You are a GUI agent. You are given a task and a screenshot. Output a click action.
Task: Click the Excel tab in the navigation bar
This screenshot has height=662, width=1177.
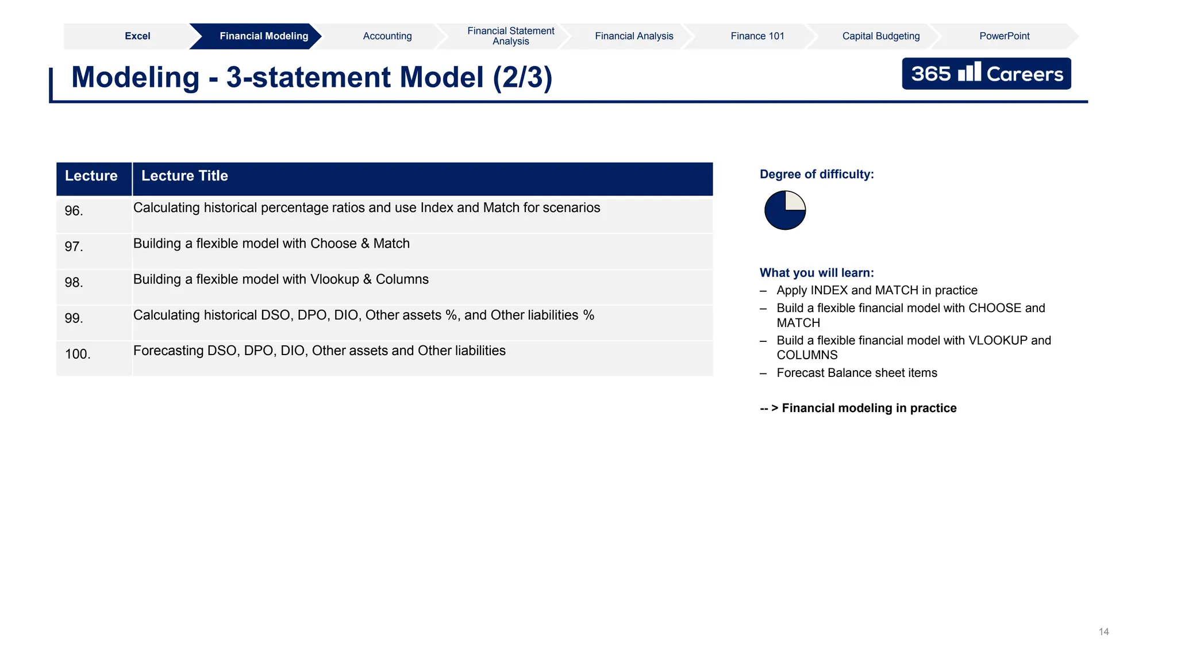click(137, 36)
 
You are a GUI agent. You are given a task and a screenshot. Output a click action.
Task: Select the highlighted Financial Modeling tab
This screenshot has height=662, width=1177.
click(264, 36)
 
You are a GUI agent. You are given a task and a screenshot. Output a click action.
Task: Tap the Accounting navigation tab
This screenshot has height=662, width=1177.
click(387, 36)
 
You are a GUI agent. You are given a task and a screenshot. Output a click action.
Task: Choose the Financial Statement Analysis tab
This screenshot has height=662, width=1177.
click(510, 36)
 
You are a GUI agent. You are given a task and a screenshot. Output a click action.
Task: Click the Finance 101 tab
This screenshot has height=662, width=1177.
click(757, 36)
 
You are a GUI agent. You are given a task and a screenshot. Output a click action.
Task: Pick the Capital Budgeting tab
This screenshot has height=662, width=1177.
click(880, 36)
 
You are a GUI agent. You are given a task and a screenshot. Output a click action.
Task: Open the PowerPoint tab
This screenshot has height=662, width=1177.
click(1004, 36)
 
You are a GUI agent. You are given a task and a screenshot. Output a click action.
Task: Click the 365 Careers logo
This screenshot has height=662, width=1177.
click(986, 74)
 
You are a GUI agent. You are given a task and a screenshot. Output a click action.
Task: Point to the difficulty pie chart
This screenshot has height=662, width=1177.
click(785, 210)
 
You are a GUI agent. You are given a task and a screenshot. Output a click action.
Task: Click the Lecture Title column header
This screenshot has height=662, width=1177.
click(184, 176)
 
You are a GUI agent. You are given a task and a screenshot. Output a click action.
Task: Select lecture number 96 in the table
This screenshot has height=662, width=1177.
click(74, 211)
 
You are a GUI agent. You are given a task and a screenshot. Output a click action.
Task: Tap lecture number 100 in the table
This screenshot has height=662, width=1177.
click(78, 354)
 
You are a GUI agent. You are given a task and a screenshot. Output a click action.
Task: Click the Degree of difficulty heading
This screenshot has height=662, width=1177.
click(816, 175)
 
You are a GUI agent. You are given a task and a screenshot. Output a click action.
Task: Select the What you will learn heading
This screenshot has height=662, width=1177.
click(816, 273)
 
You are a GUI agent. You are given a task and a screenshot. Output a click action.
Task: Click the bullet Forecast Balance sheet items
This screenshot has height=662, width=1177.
click(856, 373)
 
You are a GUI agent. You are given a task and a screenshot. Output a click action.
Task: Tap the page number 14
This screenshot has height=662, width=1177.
click(1103, 632)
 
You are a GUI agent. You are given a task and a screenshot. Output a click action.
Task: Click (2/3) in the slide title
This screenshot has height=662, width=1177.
click(522, 77)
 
